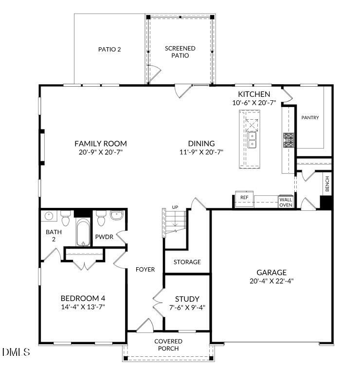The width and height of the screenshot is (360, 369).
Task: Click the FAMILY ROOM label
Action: pyautogui.click(x=100, y=144)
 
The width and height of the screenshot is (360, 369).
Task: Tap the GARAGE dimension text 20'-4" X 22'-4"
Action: pyautogui.click(x=272, y=281)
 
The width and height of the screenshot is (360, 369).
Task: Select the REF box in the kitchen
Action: pyautogui.click(x=244, y=198)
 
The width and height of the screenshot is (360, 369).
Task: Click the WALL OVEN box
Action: pyautogui.click(x=285, y=202)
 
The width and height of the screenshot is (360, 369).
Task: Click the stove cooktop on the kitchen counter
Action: pyautogui.click(x=288, y=140)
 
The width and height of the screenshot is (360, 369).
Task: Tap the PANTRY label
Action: pyautogui.click(x=310, y=117)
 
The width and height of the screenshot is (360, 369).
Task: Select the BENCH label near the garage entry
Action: pyautogui.click(x=327, y=184)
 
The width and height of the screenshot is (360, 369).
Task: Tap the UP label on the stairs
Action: pyautogui.click(x=175, y=208)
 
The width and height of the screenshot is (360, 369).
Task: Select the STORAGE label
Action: pyautogui.click(x=187, y=262)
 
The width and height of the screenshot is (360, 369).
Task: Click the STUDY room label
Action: pyautogui.click(x=187, y=299)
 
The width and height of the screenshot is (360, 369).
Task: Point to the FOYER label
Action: pyautogui.click(x=145, y=270)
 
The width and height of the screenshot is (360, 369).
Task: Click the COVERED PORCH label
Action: pyautogui.click(x=168, y=345)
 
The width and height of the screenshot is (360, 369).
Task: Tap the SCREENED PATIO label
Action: pyautogui.click(x=180, y=52)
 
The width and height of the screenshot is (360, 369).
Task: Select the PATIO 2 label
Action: pyautogui.click(x=109, y=49)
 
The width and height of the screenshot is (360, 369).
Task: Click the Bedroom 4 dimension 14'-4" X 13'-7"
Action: pyautogui.click(x=83, y=307)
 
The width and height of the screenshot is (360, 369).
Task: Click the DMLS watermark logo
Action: pyautogui.click(x=16, y=351)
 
